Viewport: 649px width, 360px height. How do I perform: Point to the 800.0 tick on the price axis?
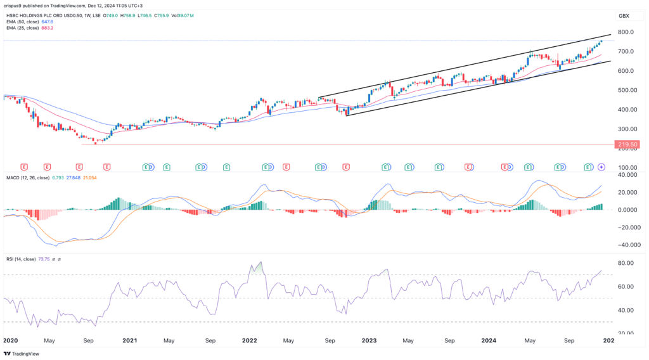tap(626, 32)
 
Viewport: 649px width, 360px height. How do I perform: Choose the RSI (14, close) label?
tap(22, 259)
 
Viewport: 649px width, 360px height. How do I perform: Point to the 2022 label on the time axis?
tap(249, 340)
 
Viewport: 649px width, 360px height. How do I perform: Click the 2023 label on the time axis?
tap(369, 340)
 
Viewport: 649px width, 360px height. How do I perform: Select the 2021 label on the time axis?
tap(129, 340)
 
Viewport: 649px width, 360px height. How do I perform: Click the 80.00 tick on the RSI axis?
tap(626, 263)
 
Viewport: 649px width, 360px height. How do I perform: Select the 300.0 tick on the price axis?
tap(626, 129)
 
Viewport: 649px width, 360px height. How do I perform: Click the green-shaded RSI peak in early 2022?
tap(259, 267)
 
